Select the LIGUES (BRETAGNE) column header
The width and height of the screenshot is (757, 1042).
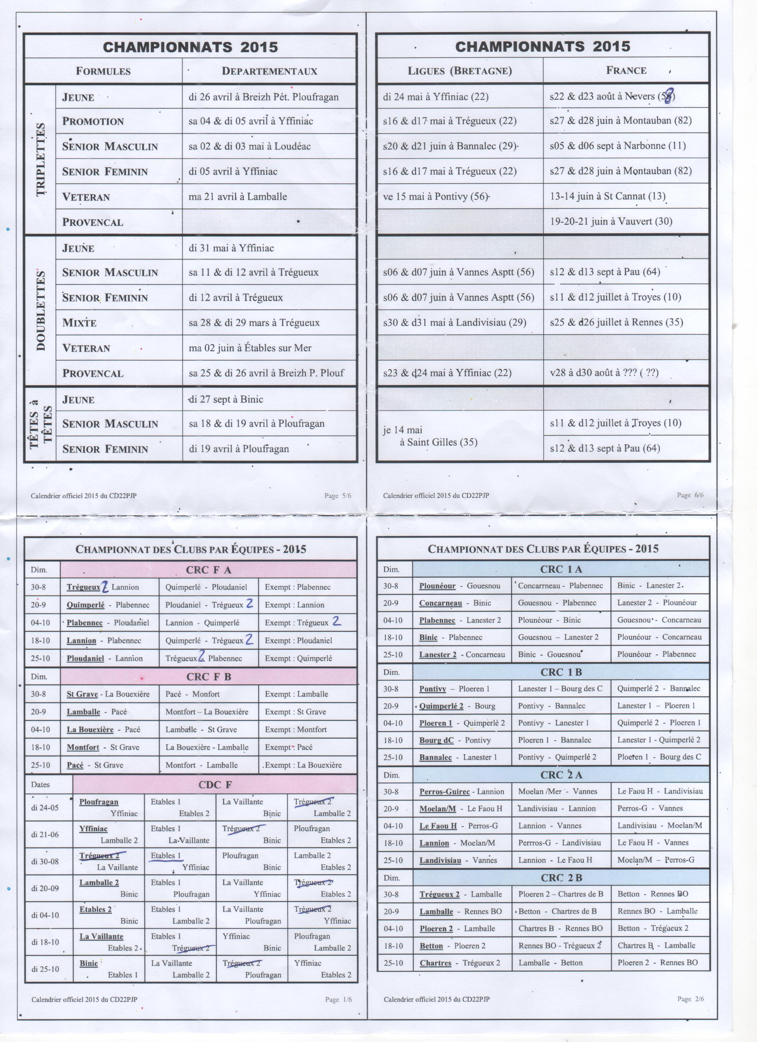pos(459,71)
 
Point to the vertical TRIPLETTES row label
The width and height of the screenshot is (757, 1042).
pos(40,159)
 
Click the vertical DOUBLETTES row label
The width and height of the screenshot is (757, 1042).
pos(40,310)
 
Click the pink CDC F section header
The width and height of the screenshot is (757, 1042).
pos(215,785)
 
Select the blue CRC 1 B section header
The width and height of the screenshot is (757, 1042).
pos(561,672)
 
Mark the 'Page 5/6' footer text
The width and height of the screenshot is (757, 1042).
pos(338,496)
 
